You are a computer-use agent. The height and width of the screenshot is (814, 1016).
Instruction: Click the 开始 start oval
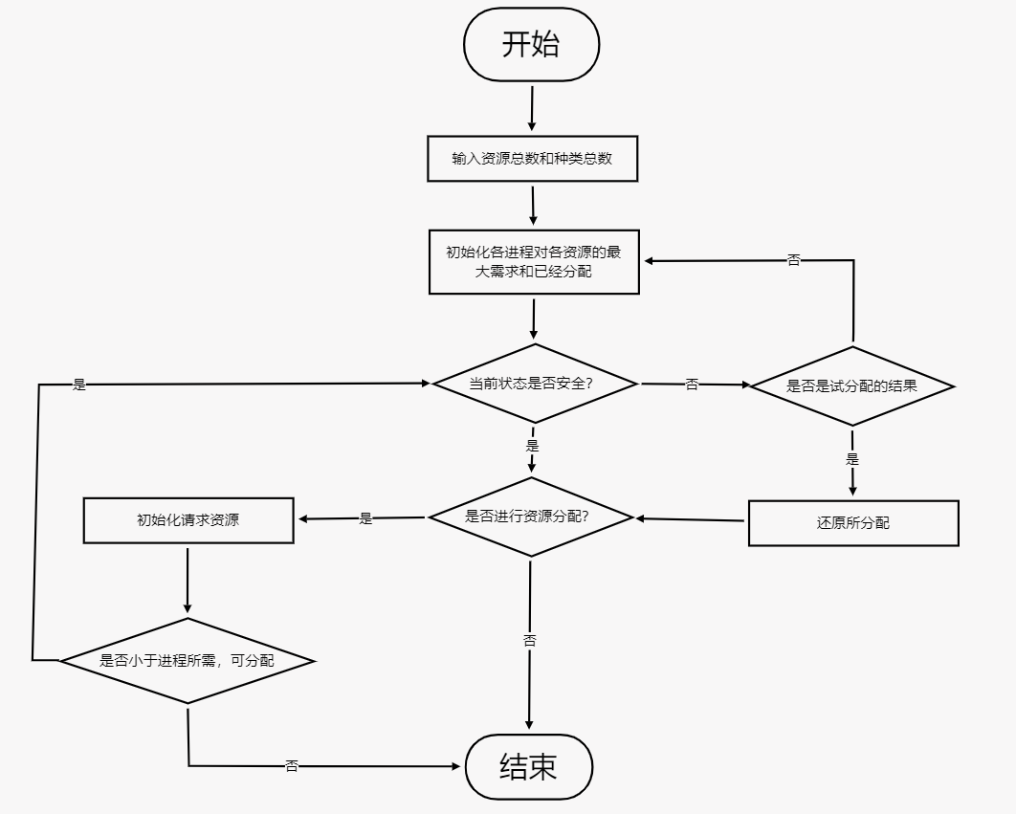531,45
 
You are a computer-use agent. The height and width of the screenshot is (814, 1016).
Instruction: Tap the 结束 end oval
528,766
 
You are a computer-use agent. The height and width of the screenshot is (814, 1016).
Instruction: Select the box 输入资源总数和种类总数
532,159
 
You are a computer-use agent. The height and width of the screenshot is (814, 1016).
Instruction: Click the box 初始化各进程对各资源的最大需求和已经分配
534,261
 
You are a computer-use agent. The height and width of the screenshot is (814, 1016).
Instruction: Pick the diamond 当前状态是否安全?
534,384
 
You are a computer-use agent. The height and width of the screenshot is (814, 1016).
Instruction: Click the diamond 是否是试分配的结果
851,386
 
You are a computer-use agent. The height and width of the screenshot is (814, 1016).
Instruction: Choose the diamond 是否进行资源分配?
530,517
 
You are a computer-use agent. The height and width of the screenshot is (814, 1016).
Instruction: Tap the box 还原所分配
852,523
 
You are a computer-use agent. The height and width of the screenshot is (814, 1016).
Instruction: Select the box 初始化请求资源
188,520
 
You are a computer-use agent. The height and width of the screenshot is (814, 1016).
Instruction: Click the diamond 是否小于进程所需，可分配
188,660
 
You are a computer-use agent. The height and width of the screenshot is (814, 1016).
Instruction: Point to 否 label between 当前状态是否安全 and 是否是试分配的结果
692,385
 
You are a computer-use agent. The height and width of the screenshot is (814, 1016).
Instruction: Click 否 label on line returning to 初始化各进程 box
793,260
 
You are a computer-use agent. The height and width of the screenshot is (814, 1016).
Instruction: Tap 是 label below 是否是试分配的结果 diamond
852,459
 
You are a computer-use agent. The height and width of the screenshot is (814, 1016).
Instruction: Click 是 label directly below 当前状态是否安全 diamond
533,446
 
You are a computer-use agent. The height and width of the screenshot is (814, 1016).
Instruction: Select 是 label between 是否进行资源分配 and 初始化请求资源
365,518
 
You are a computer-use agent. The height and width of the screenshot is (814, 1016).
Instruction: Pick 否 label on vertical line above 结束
530,640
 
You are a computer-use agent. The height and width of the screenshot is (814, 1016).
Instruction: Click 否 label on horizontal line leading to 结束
292,766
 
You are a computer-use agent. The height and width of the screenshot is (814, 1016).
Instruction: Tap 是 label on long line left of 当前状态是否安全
79,385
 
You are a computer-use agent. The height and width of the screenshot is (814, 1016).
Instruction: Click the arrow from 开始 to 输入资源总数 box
532,108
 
